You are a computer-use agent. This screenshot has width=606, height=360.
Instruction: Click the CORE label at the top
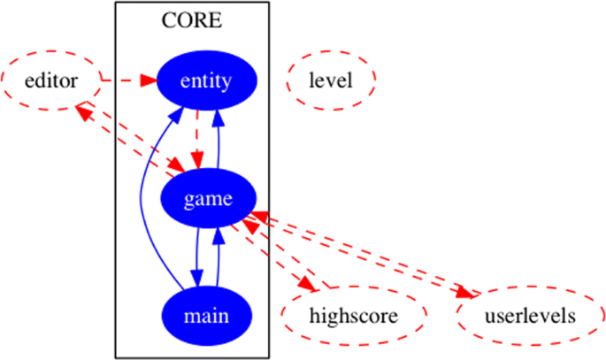coord(192,19)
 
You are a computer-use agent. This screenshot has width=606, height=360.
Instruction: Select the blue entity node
coord(206,81)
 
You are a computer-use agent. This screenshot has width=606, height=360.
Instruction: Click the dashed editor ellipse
coord(51,81)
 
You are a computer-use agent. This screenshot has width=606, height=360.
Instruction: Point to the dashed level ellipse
coord(332,81)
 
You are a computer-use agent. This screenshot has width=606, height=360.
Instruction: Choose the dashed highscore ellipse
coord(354,315)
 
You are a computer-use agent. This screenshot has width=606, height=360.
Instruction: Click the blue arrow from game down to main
coord(196,257)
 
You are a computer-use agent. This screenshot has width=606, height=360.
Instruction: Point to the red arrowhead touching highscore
coord(309,287)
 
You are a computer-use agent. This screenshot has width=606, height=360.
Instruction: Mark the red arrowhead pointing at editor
coord(82,110)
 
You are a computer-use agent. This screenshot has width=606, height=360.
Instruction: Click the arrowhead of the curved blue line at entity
coord(180,113)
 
